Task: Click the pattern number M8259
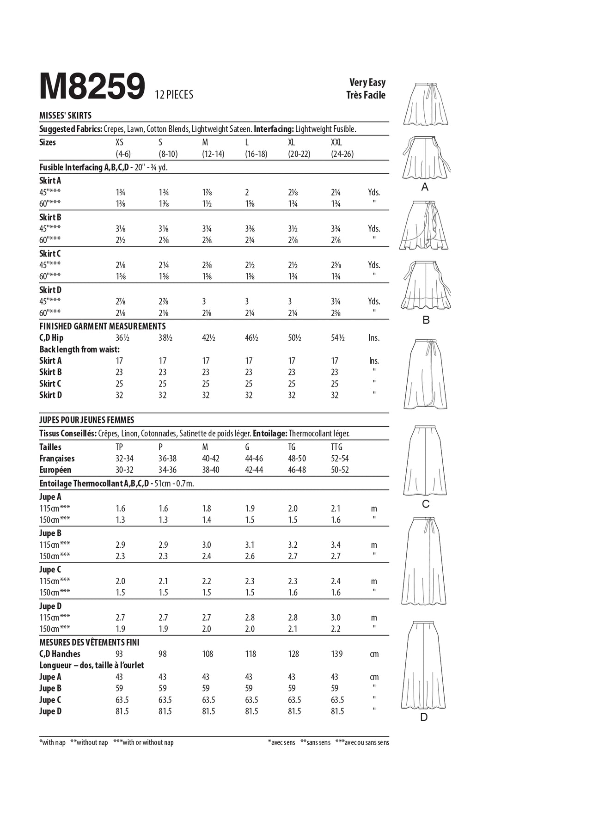[92, 86]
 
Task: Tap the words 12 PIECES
[174, 95]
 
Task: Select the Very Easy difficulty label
[367, 82]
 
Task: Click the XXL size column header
[336, 142]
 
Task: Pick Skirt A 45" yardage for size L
[247, 192]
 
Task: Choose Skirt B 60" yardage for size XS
[120, 240]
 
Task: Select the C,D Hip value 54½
[338, 338]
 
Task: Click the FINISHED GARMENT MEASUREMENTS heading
[102, 326]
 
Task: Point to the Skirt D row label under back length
[50, 395]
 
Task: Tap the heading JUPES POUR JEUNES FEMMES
[86, 420]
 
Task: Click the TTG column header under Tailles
[336, 447]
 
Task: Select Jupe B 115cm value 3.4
[336, 545]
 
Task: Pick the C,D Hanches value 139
[337, 654]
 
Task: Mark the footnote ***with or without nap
[143, 743]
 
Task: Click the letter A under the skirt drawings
[425, 187]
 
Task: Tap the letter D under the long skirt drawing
[424, 717]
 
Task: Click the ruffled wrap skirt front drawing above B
[424, 225]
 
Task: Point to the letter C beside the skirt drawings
[426, 504]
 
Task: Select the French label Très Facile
[366, 95]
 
